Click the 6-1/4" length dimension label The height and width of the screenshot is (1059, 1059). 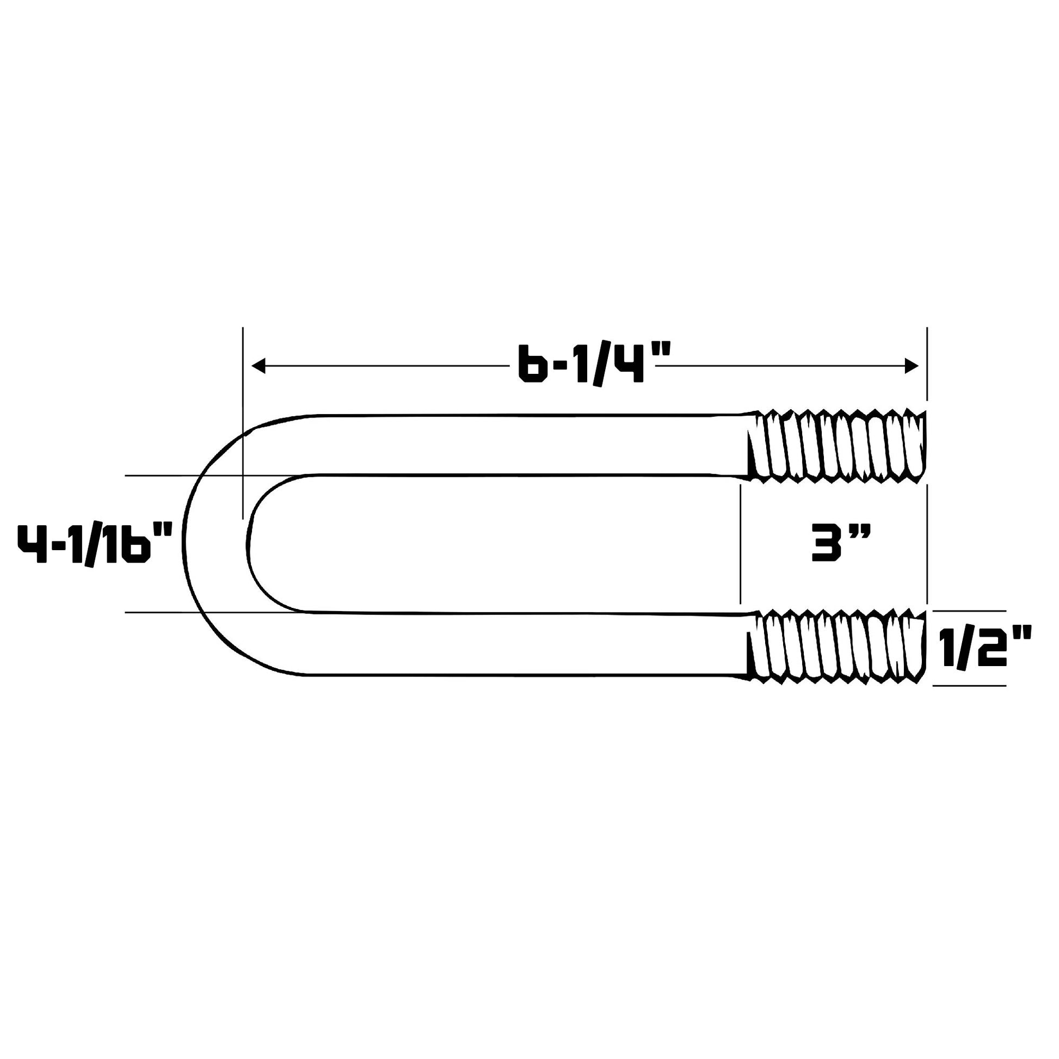[594, 364]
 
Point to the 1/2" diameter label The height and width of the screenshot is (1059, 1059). [985, 648]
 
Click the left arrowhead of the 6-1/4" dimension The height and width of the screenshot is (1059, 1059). [258, 366]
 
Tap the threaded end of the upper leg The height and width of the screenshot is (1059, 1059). [836, 446]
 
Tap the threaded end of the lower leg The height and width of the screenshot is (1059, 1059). [836, 647]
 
